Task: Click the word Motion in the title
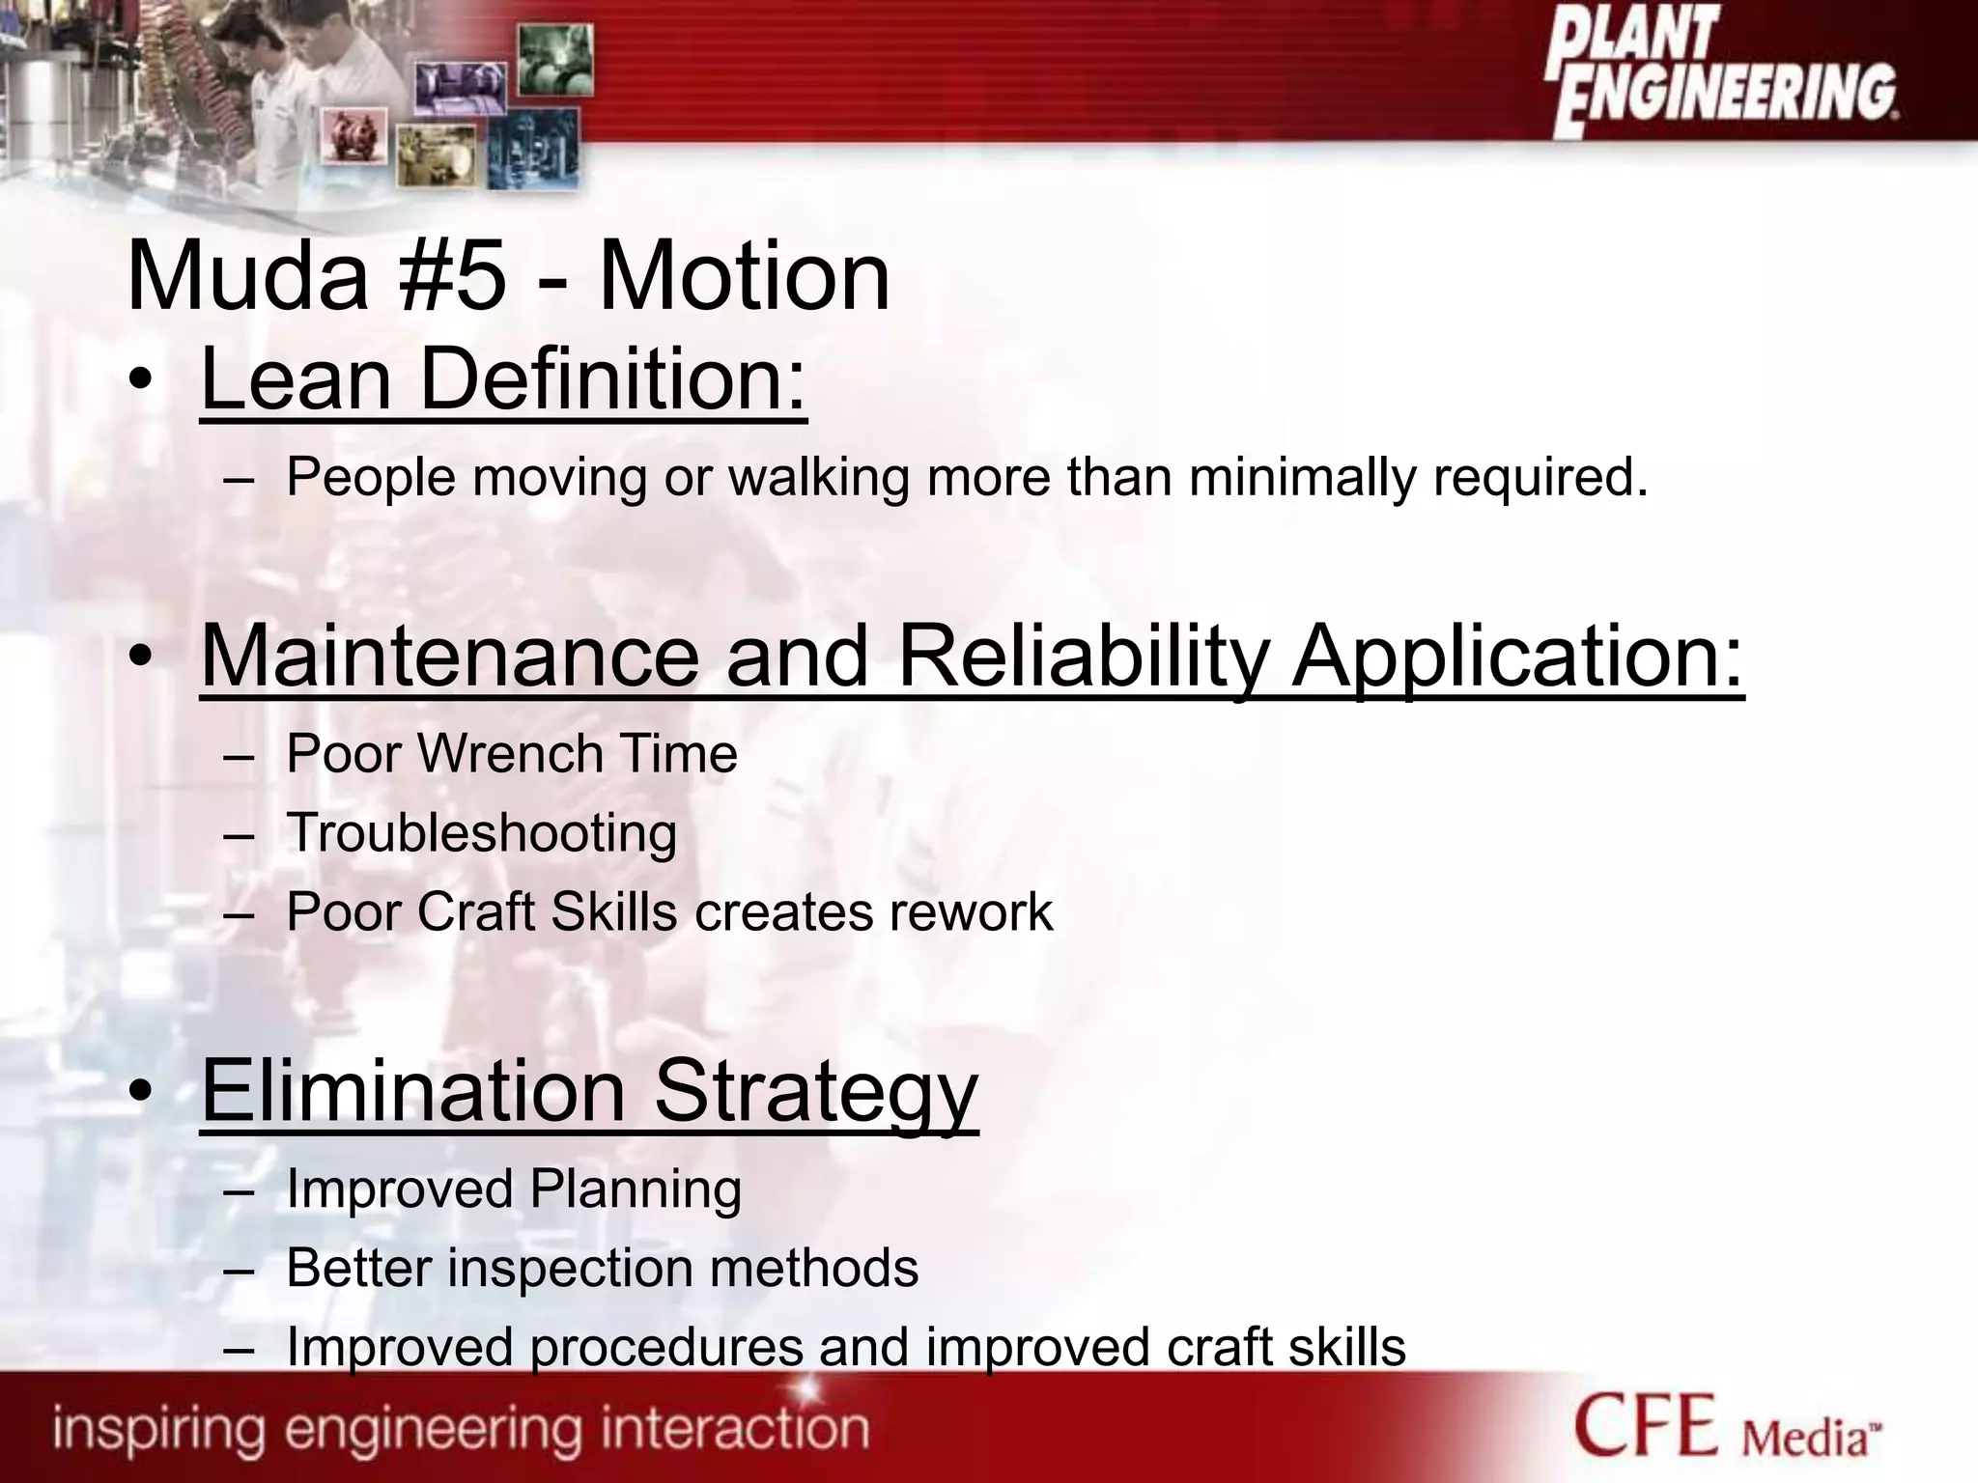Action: pyautogui.click(x=744, y=278)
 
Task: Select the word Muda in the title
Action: pyautogui.click(x=247, y=278)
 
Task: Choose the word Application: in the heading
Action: pyautogui.click(x=1517, y=658)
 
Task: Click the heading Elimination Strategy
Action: pyautogui.click(x=589, y=1091)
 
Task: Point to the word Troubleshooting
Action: pyautogui.click(x=482, y=833)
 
